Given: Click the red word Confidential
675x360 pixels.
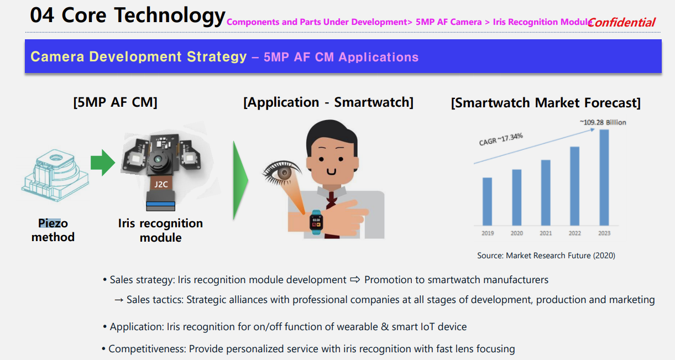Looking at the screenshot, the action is (x=621, y=22).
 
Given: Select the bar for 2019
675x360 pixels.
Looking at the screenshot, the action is (x=487, y=201).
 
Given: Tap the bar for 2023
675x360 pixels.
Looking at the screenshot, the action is (x=604, y=178).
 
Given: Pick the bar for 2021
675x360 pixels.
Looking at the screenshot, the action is (x=546, y=192).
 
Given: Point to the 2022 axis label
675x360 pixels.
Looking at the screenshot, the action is (x=574, y=233).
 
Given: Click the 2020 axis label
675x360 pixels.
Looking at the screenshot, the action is (x=516, y=233).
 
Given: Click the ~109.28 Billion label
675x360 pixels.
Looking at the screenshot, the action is (x=603, y=122).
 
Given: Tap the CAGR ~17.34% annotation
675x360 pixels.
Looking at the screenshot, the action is (x=501, y=139).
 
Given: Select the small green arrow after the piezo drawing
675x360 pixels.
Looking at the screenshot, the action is (x=103, y=163).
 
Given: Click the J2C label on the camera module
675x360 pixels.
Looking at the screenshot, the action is (x=161, y=184).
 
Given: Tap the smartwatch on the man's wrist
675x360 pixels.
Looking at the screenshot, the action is (x=316, y=222).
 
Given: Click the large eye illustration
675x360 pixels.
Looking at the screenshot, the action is (x=282, y=173).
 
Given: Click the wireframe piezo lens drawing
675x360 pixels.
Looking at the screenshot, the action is (x=55, y=175).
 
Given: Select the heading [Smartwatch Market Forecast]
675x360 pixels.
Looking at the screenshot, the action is (x=546, y=103).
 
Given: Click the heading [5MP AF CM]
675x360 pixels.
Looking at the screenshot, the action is (x=116, y=102).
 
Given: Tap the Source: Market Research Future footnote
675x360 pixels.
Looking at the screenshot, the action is (x=546, y=255).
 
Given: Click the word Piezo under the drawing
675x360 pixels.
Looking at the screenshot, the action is (x=53, y=223).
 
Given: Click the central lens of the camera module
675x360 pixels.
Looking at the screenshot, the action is (x=158, y=159).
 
